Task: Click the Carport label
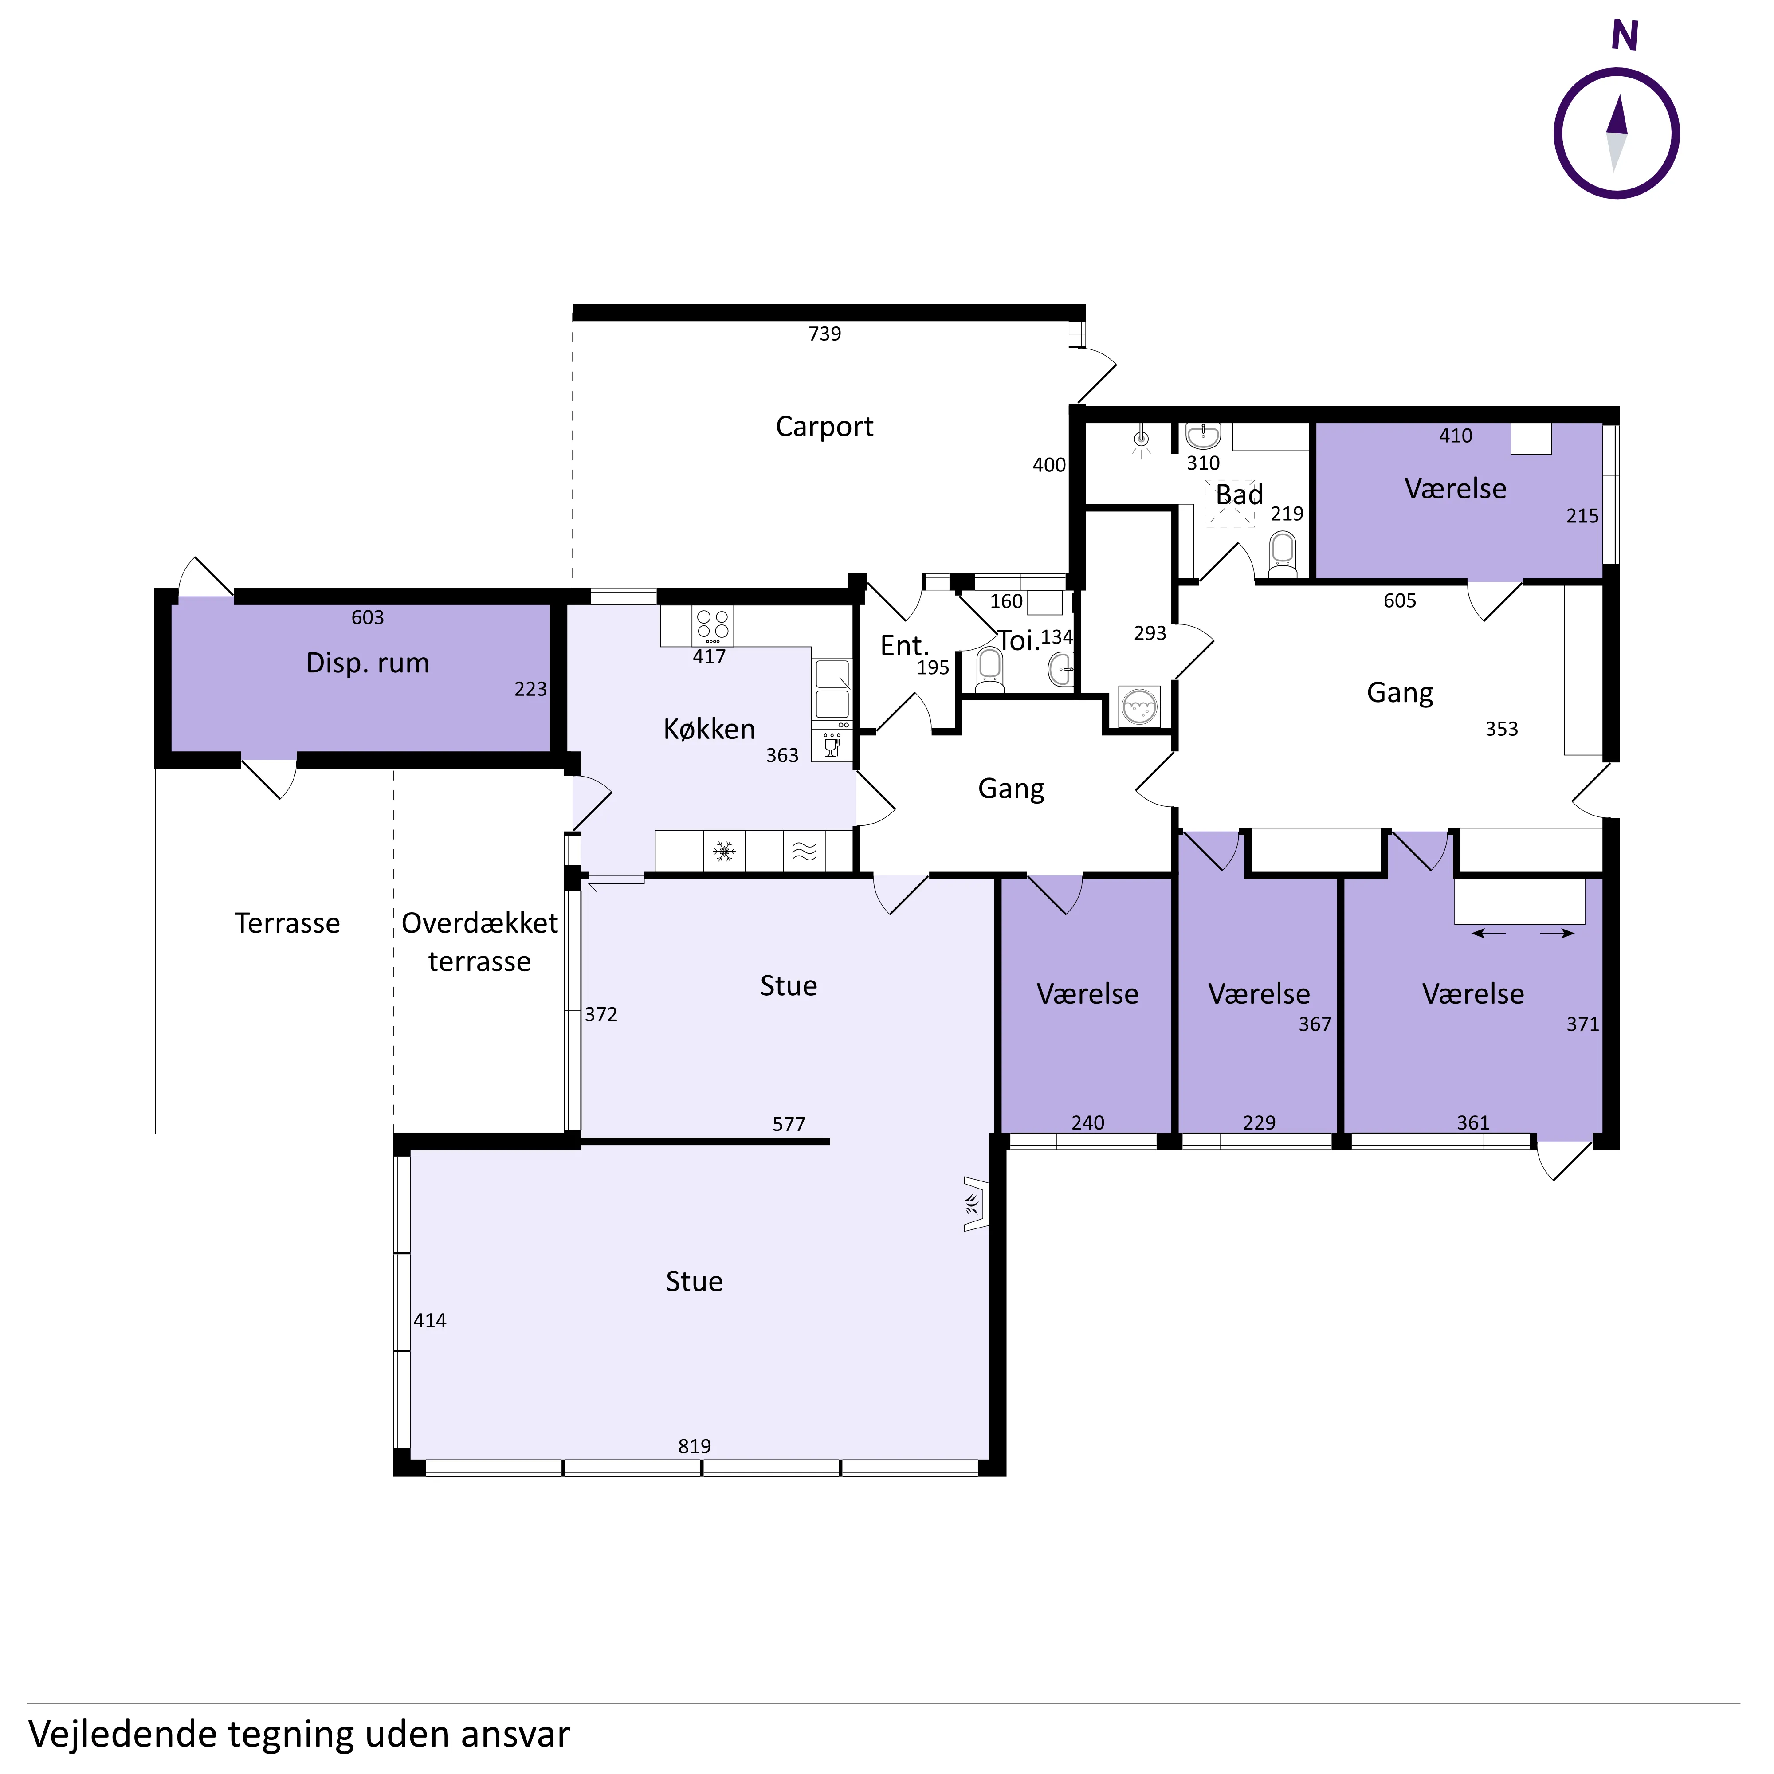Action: coord(824,427)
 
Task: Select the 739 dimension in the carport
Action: coord(824,334)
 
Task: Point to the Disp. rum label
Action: coord(367,663)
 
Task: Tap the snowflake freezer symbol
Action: coord(725,851)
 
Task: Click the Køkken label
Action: coord(709,729)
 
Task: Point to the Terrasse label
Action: coord(287,923)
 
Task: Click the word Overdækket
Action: coord(479,923)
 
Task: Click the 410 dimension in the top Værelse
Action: coord(1456,436)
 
